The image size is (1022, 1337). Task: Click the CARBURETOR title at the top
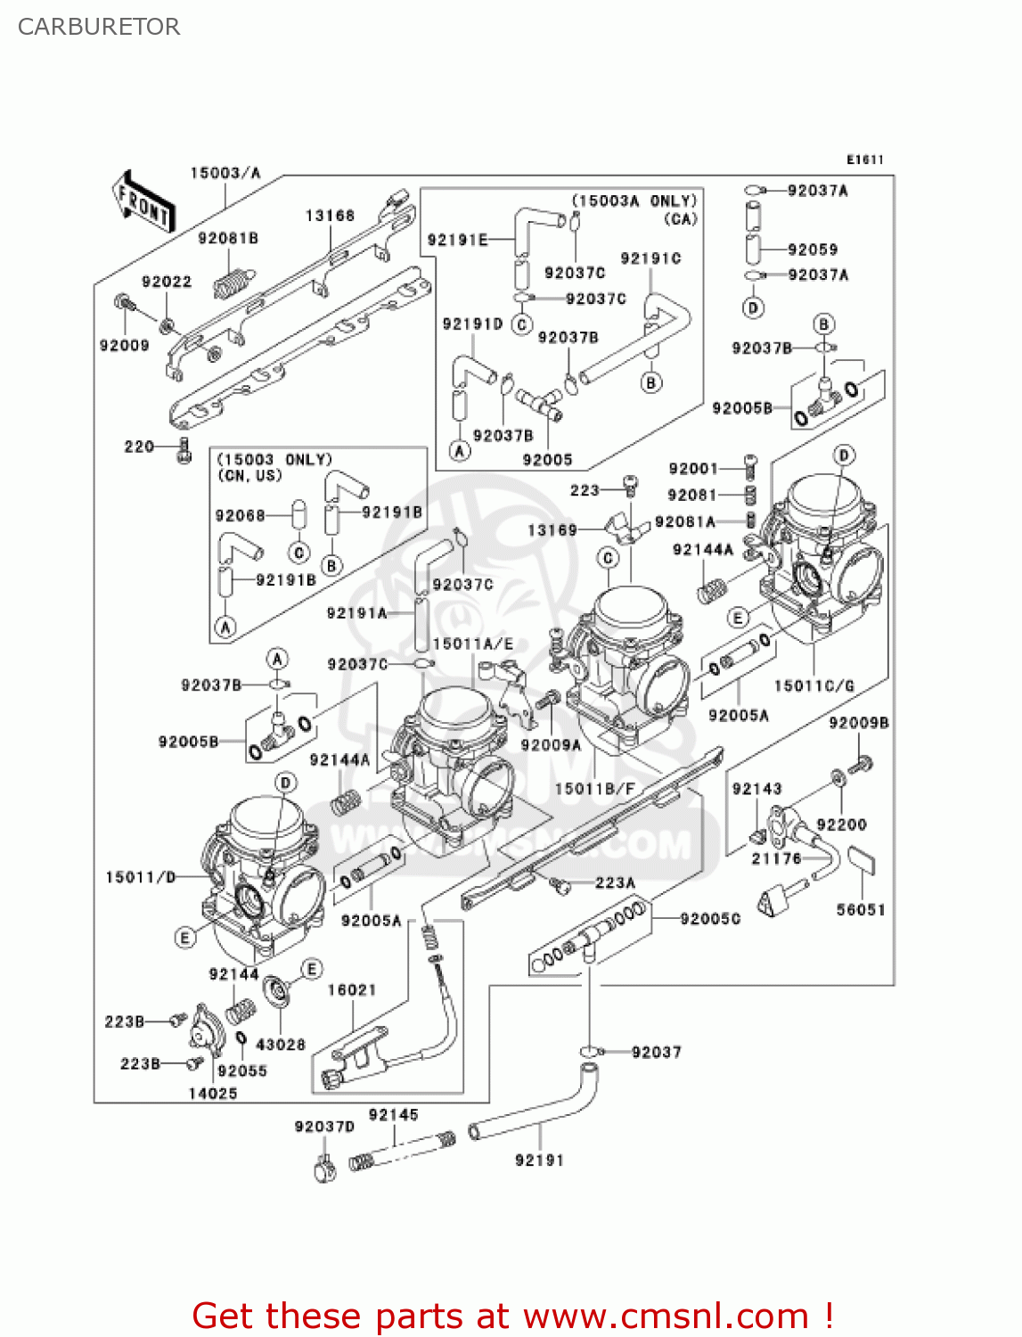pos(99,27)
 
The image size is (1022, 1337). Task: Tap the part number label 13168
pos(330,216)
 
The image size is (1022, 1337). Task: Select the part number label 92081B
pos(228,238)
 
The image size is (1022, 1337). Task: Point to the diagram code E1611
pos(864,160)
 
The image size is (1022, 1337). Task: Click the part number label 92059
pos(813,250)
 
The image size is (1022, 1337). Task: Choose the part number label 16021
pos(352,989)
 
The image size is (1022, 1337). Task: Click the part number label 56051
pos(861,909)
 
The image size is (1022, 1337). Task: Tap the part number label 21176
pos(777,858)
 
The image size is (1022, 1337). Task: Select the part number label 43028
pos(281,1044)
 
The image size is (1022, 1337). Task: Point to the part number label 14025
pos(213,1093)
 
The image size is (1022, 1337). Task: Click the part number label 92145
pos(393,1114)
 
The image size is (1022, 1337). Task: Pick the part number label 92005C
pos(710,918)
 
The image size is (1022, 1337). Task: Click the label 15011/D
pos(141,877)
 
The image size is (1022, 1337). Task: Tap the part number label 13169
pos(552,529)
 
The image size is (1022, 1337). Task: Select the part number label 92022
pos(167,282)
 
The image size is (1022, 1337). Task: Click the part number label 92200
pos(841,824)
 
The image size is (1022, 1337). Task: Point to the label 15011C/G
pos(814,685)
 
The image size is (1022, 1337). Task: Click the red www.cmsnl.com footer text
pos(512,1316)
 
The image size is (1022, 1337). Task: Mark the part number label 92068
pos(240,515)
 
